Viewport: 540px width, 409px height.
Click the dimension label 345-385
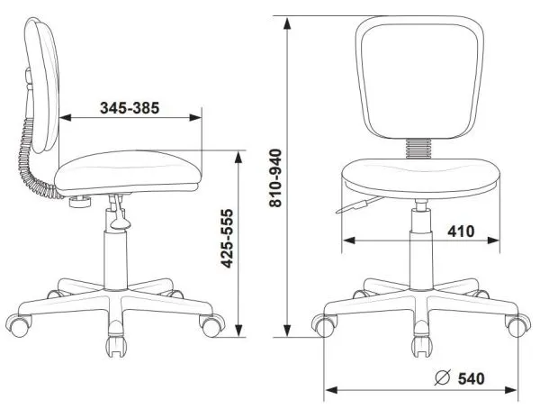[130, 107]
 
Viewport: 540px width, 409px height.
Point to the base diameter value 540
[473, 379]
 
